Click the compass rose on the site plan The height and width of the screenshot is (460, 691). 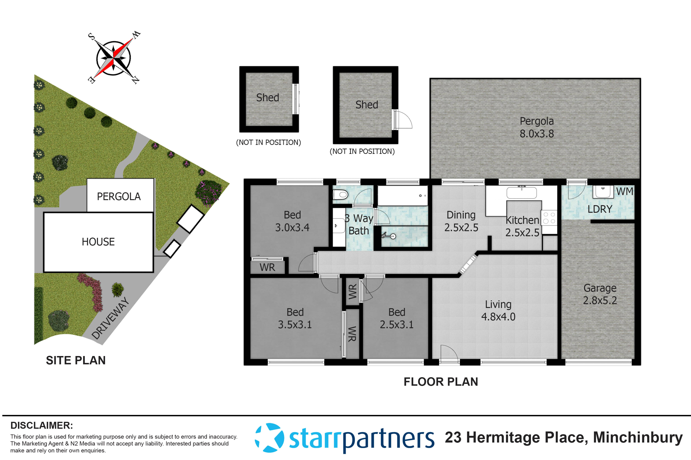point(114,58)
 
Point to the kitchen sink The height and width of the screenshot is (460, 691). point(522,193)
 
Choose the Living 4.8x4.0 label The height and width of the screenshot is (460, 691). point(498,311)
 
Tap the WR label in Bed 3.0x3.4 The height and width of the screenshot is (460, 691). point(267,267)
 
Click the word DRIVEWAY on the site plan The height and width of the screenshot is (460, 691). point(110,318)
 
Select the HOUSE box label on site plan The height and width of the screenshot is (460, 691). point(98,242)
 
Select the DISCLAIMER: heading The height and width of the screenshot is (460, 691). point(42,425)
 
